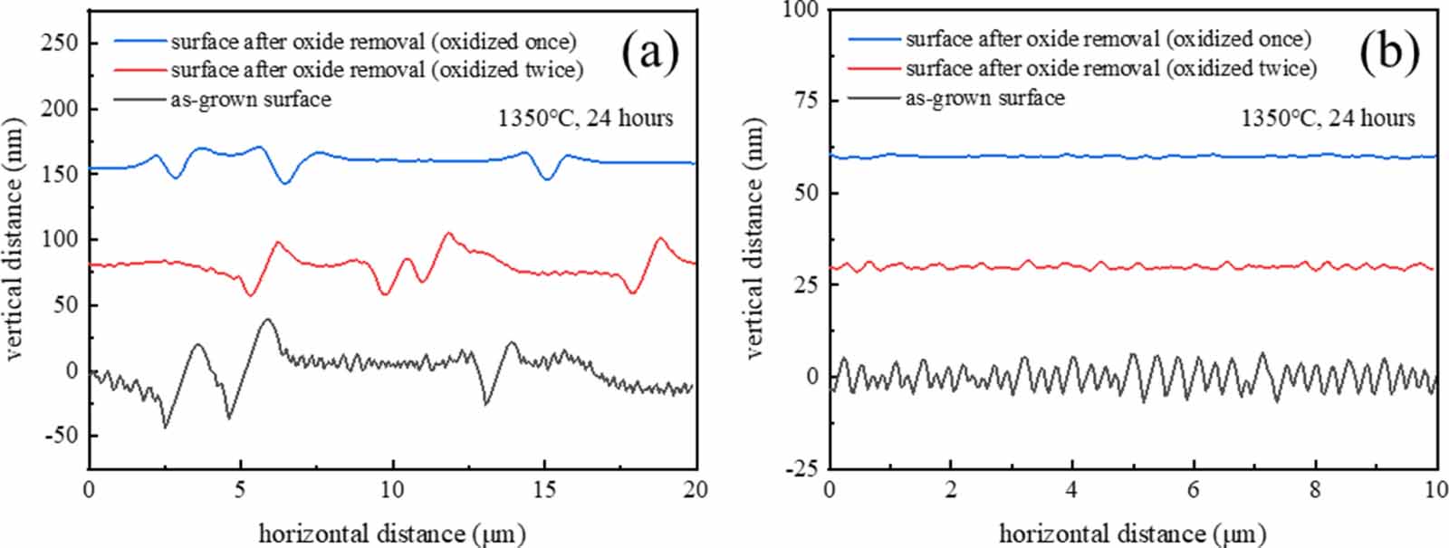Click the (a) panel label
(650, 53)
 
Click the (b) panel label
(1388, 52)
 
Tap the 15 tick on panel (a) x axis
(544, 490)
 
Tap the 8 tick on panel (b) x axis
(1315, 490)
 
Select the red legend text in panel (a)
(377, 70)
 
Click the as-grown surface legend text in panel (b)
(984, 98)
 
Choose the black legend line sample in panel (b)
(874, 98)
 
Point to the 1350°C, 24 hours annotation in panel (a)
(585, 118)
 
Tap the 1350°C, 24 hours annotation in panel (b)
(1327, 118)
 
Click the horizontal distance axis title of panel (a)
(391, 533)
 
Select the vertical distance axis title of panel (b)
(753, 239)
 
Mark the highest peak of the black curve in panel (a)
(267, 319)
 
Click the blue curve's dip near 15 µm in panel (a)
(546, 179)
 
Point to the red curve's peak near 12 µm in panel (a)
(447, 233)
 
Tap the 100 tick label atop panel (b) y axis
(801, 10)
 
